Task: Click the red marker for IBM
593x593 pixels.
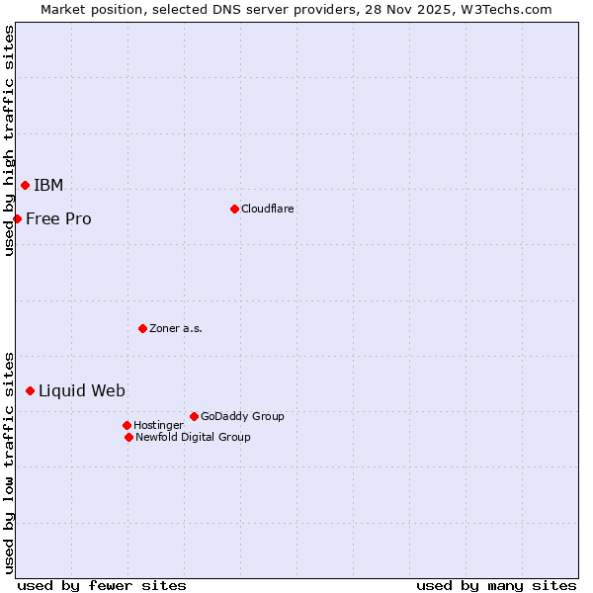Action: point(25,185)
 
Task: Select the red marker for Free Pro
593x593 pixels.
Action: point(17,218)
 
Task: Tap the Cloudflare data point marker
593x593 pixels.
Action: point(234,209)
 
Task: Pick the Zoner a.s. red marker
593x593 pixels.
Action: point(142,328)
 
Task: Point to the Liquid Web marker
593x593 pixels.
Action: point(30,391)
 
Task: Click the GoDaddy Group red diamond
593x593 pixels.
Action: point(194,416)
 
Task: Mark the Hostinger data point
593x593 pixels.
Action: point(127,425)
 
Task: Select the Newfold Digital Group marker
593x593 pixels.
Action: point(128,437)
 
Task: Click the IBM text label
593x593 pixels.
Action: point(48,186)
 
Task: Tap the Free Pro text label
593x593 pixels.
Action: point(58,219)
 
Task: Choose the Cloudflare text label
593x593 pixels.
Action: point(267,209)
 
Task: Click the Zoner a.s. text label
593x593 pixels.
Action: point(176,328)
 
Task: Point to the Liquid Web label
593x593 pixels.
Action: point(82,391)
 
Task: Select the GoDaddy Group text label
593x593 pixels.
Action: point(242,416)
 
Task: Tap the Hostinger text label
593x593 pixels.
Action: point(158,425)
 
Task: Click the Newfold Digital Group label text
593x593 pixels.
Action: point(193,437)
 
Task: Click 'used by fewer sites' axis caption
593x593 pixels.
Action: point(102,585)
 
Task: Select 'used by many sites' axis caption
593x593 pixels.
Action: point(496,585)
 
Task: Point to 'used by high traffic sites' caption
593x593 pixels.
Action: point(9,140)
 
